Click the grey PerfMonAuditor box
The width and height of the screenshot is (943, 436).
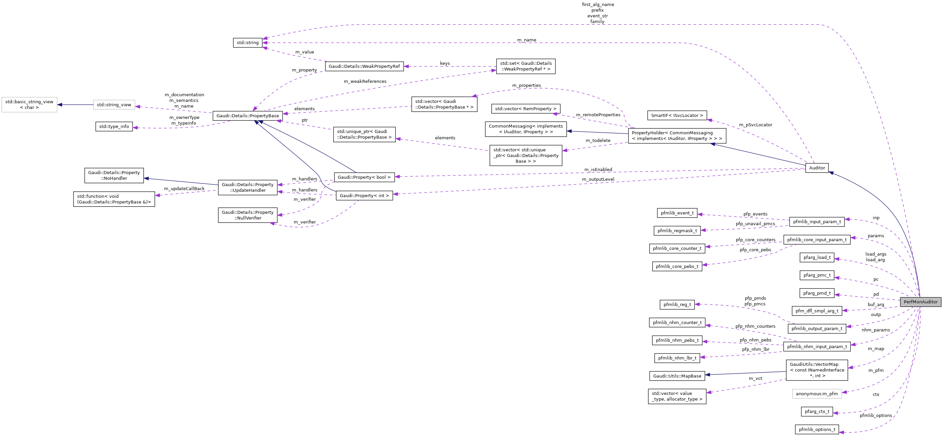click(x=920, y=302)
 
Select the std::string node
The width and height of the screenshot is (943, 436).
click(x=248, y=42)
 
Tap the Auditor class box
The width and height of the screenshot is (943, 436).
click(x=817, y=168)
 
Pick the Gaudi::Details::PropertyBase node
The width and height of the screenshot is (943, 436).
click(x=248, y=116)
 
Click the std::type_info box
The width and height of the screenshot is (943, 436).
click(x=114, y=126)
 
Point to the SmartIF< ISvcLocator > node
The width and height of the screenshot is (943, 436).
click(x=677, y=115)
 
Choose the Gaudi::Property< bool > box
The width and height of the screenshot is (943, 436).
click(x=364, y=177)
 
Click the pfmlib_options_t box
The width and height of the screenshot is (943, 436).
click(x=817, y=429)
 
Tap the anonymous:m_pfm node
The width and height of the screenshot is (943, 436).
click(x=817, y=394)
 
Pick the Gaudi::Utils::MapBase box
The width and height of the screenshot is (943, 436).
click(x=677, y=376)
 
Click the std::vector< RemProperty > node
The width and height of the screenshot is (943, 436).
click(x=525, y=109)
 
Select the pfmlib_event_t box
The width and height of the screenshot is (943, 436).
click(x=677, y=213)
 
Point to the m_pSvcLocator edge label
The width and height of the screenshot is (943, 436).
click(x=755, y=125)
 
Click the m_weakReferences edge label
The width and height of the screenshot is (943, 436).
click(x=365, y=81)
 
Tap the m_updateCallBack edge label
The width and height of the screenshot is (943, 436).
click(x=184, y=188)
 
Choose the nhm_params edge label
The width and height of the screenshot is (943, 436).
click(x=875, y=330)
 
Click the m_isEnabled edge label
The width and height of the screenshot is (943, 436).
click(x=598, y=169)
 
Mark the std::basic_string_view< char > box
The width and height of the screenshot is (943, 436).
click(x=29, y=105)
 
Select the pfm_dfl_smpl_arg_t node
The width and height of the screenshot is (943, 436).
click(x=817, y=311)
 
